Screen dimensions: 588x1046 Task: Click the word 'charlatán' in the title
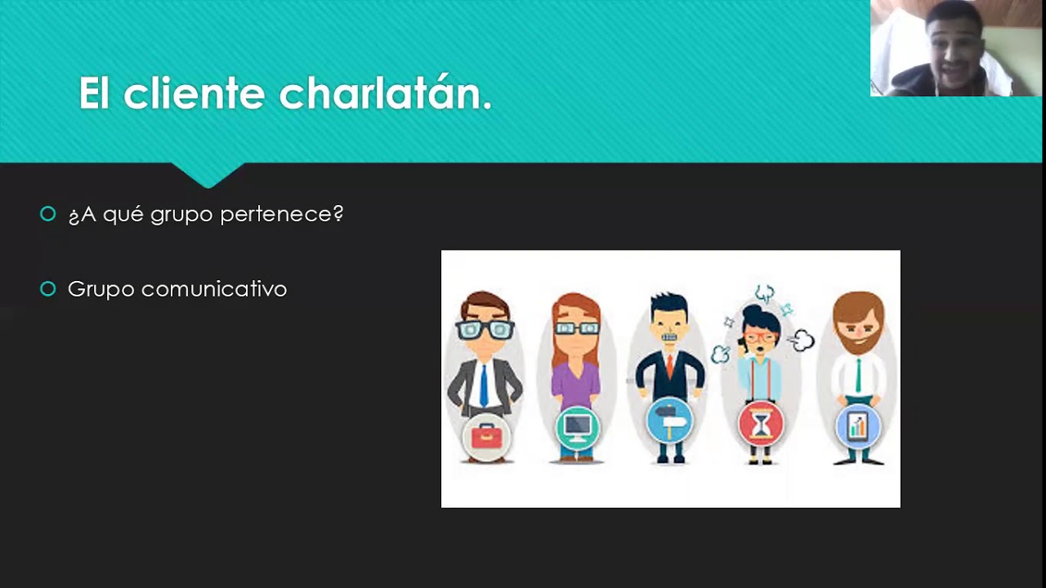[384, 93]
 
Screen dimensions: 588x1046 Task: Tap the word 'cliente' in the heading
[194, 93]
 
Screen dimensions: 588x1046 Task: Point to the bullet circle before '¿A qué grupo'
[48, 214]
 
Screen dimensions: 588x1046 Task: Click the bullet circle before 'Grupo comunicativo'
[48, 288]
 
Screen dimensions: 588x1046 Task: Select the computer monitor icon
[577, 426]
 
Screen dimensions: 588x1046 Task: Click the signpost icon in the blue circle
[669, 422]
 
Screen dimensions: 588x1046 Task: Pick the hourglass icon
[761, 424]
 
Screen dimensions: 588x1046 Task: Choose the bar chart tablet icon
[857, 425]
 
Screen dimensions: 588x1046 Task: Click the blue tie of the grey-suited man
[485, 384]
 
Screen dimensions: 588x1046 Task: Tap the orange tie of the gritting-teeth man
[669, 365]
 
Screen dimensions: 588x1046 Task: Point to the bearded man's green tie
[858, 375]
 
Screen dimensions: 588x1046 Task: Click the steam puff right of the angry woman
[802, 341]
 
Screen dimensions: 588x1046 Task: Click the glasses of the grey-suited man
[485, 330]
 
